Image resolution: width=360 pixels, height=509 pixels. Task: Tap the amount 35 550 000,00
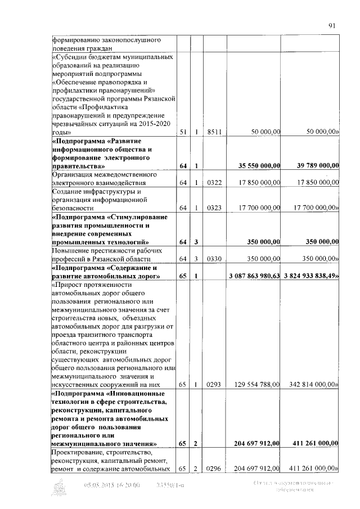coord(256,166)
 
